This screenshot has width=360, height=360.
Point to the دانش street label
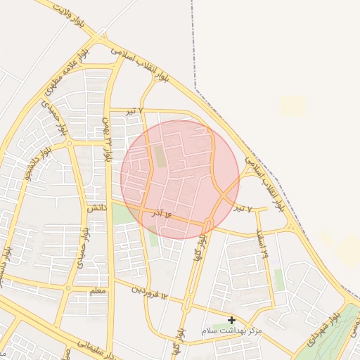tap(96, 208)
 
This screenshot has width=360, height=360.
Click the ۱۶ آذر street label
tap(161, 212)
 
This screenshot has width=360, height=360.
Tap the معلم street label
tap(99, 290)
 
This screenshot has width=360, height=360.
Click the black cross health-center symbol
tap(231, 320)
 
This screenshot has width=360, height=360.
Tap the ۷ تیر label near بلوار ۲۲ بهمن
tap(134, 112)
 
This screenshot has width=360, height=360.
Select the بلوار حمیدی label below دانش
tap(82, 243)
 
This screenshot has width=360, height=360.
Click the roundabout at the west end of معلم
tap(67, 288)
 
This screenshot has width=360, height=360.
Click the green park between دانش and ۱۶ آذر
tap(123, 214)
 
